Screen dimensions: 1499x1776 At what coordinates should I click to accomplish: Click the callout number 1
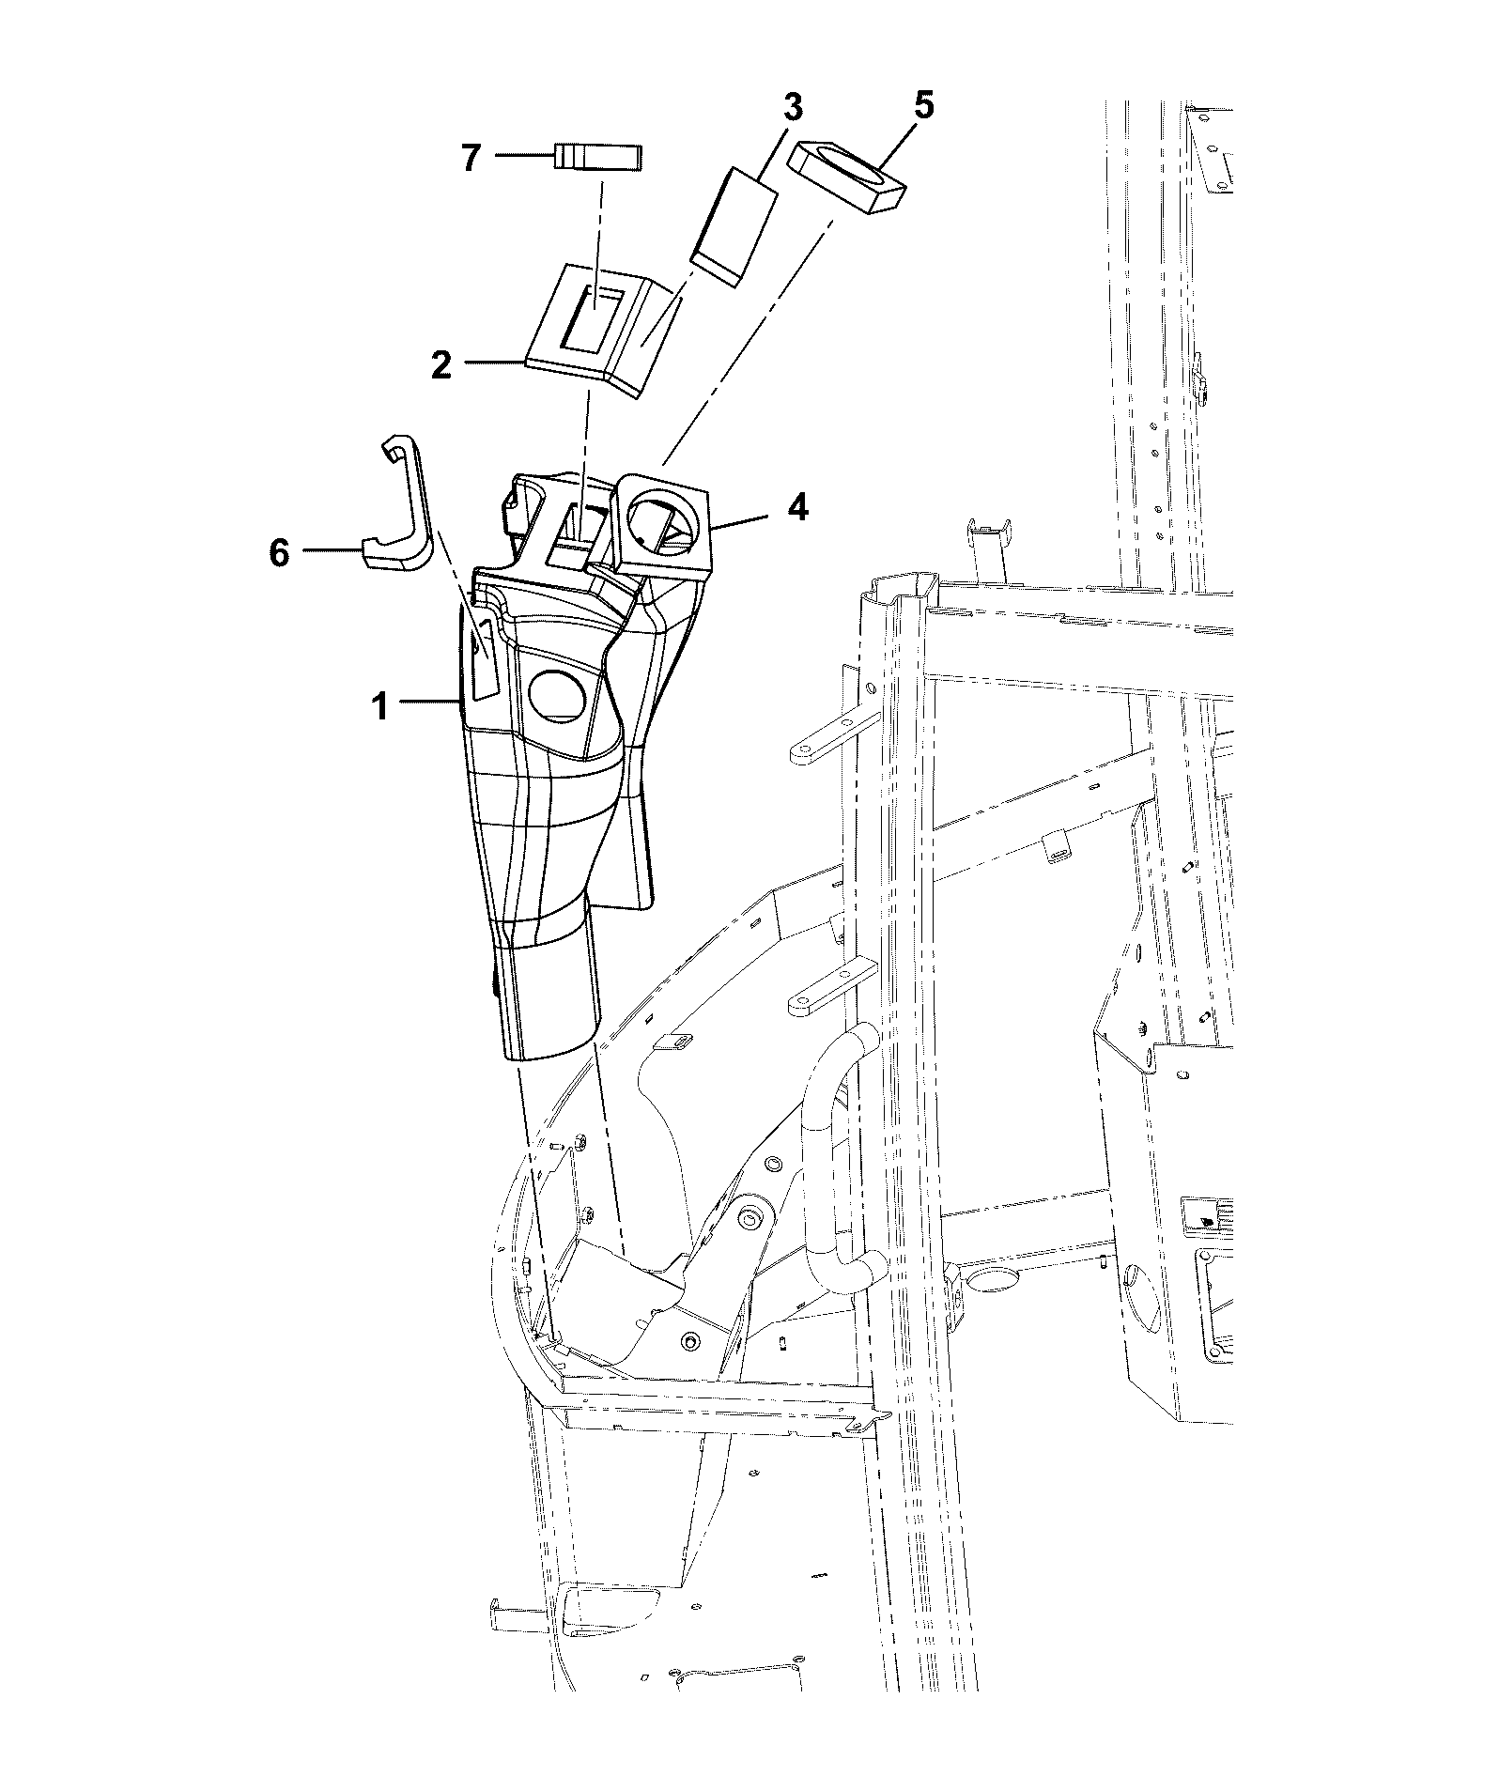(379, 706)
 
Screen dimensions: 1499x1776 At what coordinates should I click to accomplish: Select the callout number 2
(441, 365)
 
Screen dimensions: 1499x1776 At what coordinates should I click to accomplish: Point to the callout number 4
(796, 508)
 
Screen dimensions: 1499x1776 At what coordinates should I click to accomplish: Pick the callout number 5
(923, 106)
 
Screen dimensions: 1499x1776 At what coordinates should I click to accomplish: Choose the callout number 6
(279, 553)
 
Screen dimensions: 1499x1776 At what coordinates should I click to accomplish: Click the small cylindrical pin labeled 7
(596, 156)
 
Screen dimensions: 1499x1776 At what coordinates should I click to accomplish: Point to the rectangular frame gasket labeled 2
(604, 331)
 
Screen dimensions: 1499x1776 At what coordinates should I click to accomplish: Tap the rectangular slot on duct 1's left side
(484, 659)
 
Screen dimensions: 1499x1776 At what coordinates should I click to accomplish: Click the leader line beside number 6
(330, 552)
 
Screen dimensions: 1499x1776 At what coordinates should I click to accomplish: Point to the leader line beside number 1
(429, 701)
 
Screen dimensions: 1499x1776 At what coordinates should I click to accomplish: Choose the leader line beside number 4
(741, 522)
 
